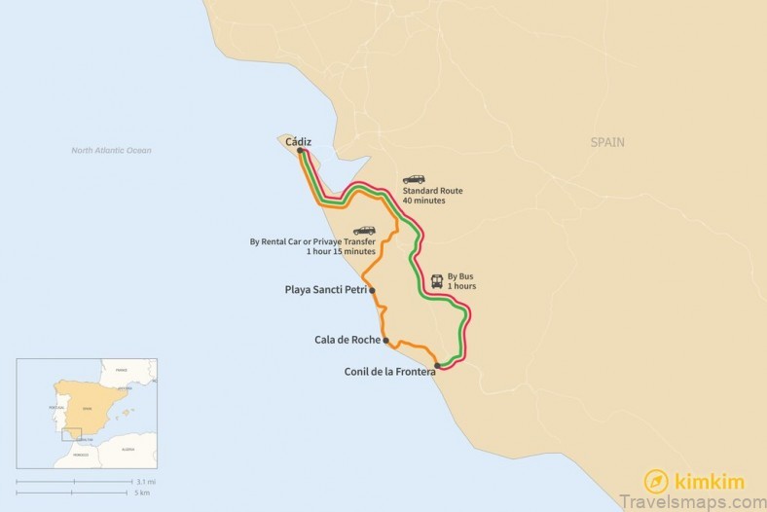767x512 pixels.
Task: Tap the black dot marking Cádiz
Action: pos(300,150)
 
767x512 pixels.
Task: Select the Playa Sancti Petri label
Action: pos(325,289)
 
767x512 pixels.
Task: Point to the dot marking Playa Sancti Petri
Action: pos(372,290)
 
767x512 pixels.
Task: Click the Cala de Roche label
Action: pos(347,340)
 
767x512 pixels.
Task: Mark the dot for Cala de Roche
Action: pos(386,341)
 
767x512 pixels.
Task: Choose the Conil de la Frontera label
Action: pos(389,371)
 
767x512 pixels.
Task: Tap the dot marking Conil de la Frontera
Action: pos(437,365)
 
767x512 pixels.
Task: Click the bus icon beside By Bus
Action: pos(437,281)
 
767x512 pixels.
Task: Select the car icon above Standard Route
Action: pos(414,179)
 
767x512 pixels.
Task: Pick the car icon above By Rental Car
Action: pos(364,230)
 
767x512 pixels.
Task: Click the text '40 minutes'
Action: pos(423,201)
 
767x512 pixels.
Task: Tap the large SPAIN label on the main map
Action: pos(607,142)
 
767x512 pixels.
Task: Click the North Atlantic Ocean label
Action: pos(111,150)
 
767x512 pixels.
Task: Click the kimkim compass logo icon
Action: pos(656,481)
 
